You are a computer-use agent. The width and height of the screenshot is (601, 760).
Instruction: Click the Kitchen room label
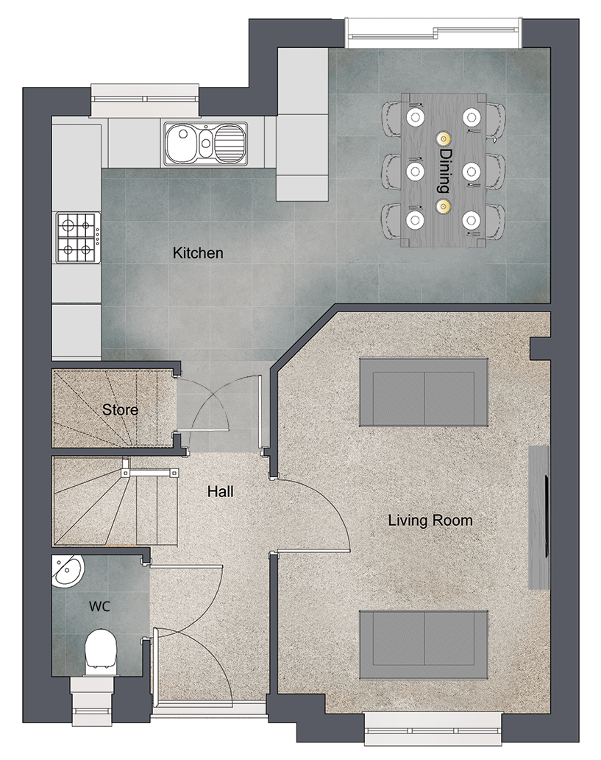click(198, 253)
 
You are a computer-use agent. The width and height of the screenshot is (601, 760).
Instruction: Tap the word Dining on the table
click(444, 171)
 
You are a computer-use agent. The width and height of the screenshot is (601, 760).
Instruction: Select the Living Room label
click(430, 521)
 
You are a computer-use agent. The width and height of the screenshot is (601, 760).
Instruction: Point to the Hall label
click(221, 491)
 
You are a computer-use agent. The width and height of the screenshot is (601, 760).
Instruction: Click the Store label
click(120, 409)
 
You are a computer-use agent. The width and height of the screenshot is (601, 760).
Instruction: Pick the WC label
click(99, 606)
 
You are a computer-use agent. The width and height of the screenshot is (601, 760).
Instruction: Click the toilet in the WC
click(101, 652)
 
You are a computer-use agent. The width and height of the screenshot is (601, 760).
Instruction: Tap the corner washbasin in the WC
click(68, 571)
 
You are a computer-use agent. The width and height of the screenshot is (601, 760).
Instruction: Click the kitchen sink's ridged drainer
click(230, 143)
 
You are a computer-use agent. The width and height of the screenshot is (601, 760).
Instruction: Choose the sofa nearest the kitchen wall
click(423, 392)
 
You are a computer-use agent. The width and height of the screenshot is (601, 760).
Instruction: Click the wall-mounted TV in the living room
click(547, 516)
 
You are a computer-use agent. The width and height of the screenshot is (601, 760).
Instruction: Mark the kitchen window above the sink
click(145, 100)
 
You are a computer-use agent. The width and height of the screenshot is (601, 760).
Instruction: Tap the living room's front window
click(433, 728)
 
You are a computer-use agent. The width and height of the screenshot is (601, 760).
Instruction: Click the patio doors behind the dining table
click(434, 33)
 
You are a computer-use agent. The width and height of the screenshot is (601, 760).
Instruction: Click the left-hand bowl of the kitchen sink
click(182, 143)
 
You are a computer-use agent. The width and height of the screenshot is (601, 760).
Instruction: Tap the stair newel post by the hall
click(126, 471)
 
